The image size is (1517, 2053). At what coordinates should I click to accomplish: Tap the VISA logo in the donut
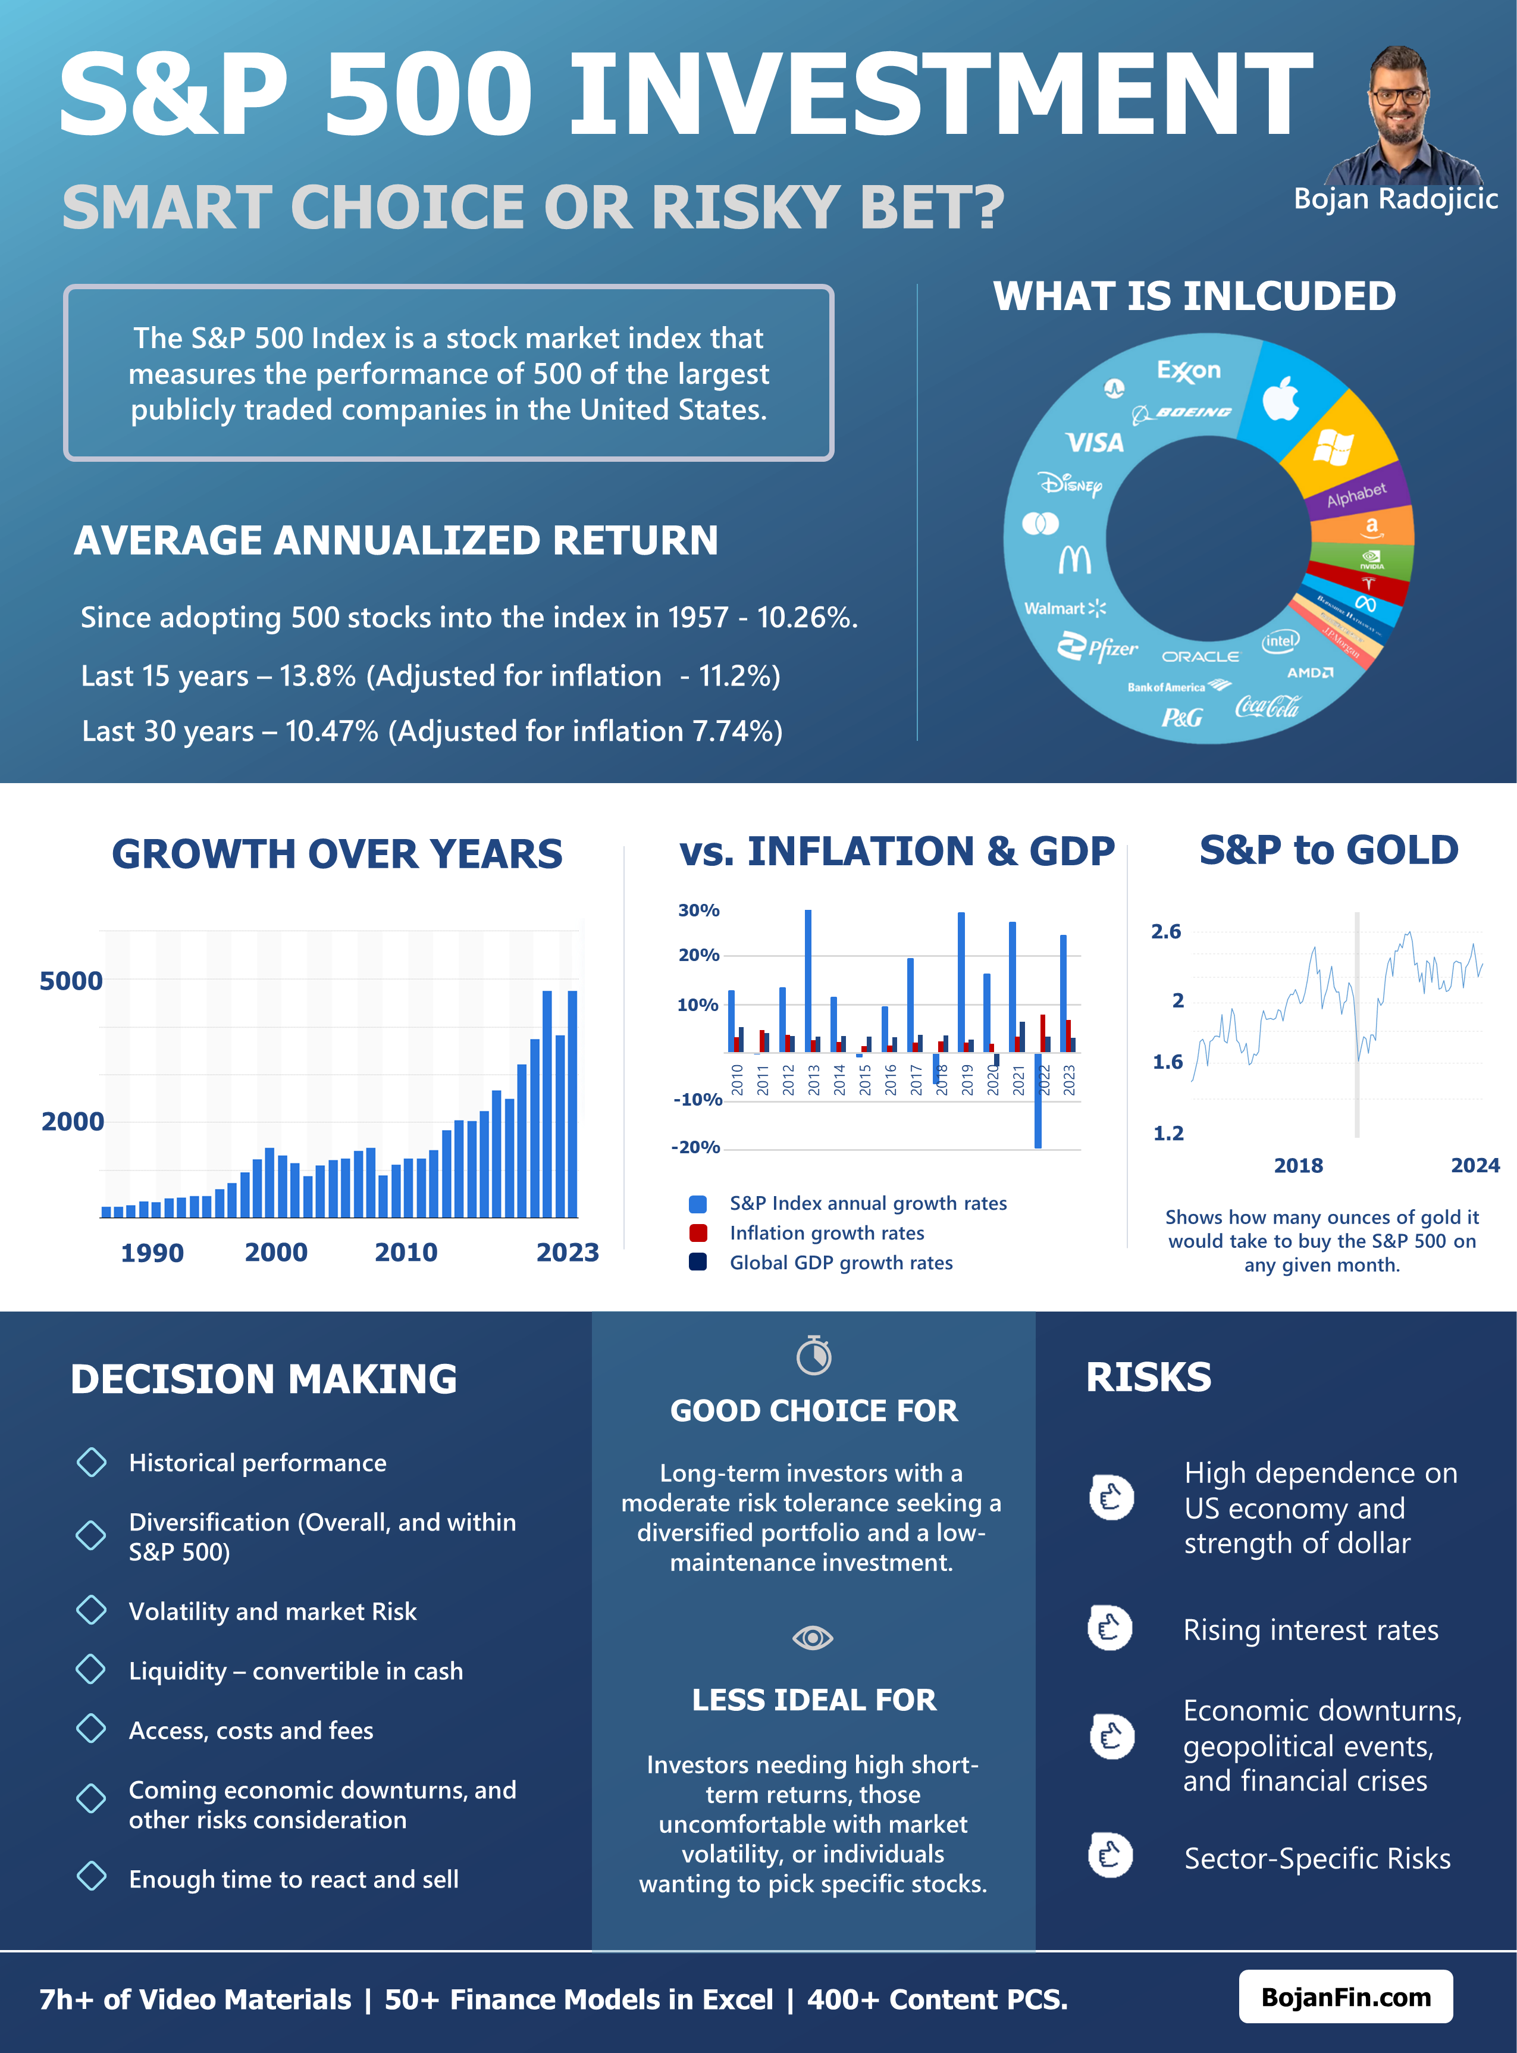pyautogui.click(x=1095, y=443)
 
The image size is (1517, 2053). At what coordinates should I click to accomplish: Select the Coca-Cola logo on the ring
pyautogui.click(x=1267, y=706)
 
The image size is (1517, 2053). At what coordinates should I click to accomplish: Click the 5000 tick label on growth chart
pyautogui.click(x=71, y=981)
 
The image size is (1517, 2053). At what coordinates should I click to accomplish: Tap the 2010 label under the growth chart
pyautogui.click(x=406, y=1252)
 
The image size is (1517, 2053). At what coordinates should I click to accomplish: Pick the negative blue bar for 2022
pyautogui.click(x=1038, y=1102)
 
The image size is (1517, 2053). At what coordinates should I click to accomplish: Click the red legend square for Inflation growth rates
pyautogui.click(x=698, y=1233)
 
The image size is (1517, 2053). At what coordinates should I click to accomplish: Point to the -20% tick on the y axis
pyautogui.click(x=696, y=1147)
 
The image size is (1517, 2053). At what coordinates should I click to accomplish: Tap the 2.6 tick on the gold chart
pyautogui.click(x=1166, y=931)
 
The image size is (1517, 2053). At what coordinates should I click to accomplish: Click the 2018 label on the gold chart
pyautogui.click(x=1299, y=1166)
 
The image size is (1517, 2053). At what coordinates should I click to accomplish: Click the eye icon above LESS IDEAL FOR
pyautogui.click(x=813, y=1638)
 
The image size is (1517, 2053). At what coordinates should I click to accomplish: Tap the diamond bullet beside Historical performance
pyautogui.click(x=92, y=1462)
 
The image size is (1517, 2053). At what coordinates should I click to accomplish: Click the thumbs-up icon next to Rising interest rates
pyautogui.click(x=1110, y=1629)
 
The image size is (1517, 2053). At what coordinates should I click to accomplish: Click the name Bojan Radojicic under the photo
pyautogui.click(x=1395, y=198)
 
